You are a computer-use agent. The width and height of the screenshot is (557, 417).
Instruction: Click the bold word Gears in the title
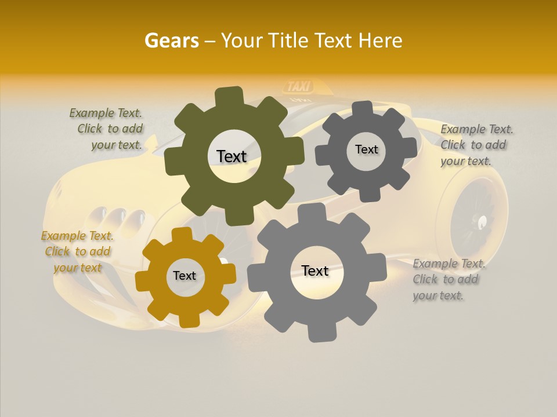point(171,41)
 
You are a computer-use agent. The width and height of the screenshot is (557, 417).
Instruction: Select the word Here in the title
point(380,41)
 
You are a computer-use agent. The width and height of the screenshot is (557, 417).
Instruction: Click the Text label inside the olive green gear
point(232,156)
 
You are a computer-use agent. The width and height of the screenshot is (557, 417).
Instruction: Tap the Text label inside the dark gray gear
point(366,149)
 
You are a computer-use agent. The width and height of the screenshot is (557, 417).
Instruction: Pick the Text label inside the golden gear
point(185,276)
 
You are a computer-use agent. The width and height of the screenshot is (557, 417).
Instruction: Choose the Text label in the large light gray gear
point(315,270)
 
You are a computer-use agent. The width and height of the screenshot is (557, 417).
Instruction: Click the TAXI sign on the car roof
point(299,87)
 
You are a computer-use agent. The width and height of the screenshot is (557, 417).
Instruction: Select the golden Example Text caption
point(77,251)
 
